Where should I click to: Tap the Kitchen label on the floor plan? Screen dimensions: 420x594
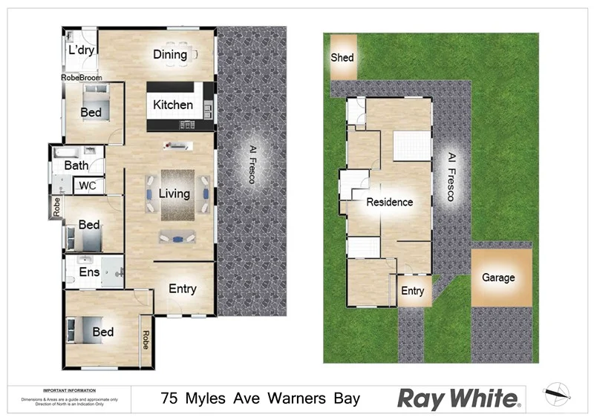pyautogui.click(x=173, y=105)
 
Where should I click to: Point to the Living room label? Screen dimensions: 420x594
pyautogui.click(x=174, y=194)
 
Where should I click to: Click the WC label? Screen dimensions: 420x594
pyautogui.click(x=88, y=185)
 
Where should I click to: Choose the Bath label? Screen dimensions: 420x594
pyautogui.click(x=76, y=165)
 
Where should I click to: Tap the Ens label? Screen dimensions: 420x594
pyautogui.click(x=89, y=272)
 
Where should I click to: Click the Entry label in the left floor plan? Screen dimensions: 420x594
pyautogui.click(x=183, y=289)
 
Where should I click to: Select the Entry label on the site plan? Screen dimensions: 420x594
pyautogui.click(x=413, y=291)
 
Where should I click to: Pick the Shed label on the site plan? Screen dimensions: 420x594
pyautogui.click(x=342, y=57)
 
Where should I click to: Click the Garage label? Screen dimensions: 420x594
pyautogui.click(x=498, y=278)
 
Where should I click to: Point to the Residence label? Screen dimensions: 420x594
pyautogui.click(x=389, y=201)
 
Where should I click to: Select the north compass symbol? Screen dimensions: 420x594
pyautogui.click(x=556, y=394)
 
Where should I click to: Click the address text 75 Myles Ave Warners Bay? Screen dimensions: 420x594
pyautogui.click(x=261, y=398)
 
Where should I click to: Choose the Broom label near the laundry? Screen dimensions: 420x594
pyautogui.click(x=92, y=76)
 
